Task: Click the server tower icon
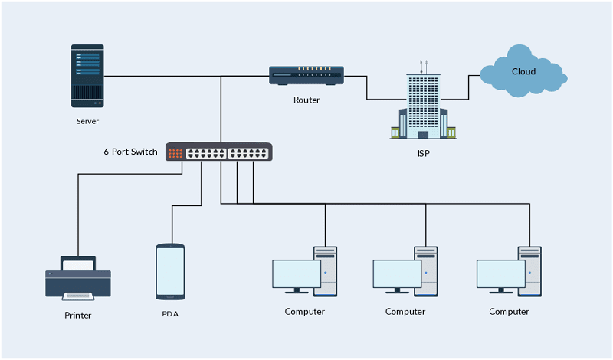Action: coord(87,76)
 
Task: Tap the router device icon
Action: coord(306,75)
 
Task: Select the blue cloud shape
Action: coord(523,71)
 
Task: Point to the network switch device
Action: coord(219,152)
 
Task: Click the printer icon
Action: coord(78,278)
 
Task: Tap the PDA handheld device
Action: coord(170,272)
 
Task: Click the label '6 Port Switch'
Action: coord(130,152)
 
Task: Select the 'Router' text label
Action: coord(306,100)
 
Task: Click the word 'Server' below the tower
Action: coord(87,121)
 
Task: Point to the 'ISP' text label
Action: coord(424,154)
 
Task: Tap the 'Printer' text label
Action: coord(78,316)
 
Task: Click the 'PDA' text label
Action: coord(170,314)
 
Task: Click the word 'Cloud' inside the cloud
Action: coord(524,71)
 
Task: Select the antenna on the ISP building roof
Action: coord(424,67)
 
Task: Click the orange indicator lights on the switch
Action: coord(175,154)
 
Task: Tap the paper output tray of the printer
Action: coord(78,296)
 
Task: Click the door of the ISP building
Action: coord(423,135)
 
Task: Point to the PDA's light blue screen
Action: coord(170,271)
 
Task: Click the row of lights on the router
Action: coord(314,69)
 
